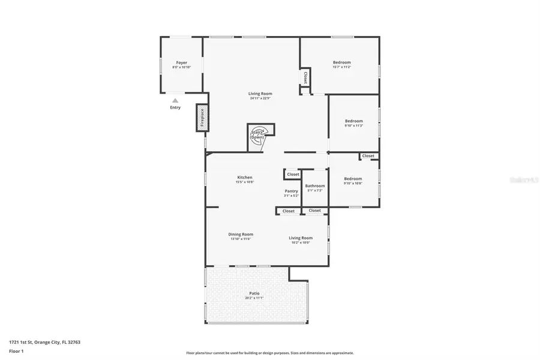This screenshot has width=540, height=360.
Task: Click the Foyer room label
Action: (181, 62)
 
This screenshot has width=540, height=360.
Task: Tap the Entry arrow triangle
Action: (175, 101)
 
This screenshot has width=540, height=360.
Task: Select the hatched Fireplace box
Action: (202, 118)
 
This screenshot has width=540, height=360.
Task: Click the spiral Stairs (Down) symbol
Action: (257, 134)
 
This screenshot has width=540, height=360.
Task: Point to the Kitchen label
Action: (244, 178)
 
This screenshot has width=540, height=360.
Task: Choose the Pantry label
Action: (292, 191)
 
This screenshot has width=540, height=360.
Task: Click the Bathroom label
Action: (315, 186)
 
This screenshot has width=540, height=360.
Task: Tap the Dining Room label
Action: (241, 234)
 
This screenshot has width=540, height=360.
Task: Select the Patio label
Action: (254, 293)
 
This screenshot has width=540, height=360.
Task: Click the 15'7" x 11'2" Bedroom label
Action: (342, 62)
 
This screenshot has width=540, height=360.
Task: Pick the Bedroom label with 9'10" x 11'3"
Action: (353, 121)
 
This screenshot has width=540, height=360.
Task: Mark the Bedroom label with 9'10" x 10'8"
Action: (353, 179)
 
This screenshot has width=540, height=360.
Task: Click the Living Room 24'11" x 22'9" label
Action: (261, 94)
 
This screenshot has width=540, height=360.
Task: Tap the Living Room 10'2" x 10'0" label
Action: (301, 238)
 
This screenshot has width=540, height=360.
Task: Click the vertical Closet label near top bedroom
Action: (305, 77)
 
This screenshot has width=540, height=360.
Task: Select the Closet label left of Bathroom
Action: (292, 174)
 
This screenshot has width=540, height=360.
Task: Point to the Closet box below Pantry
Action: (289, 211)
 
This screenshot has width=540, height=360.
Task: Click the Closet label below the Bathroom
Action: (315, 211)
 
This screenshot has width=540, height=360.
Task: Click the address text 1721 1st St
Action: (45, 341)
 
